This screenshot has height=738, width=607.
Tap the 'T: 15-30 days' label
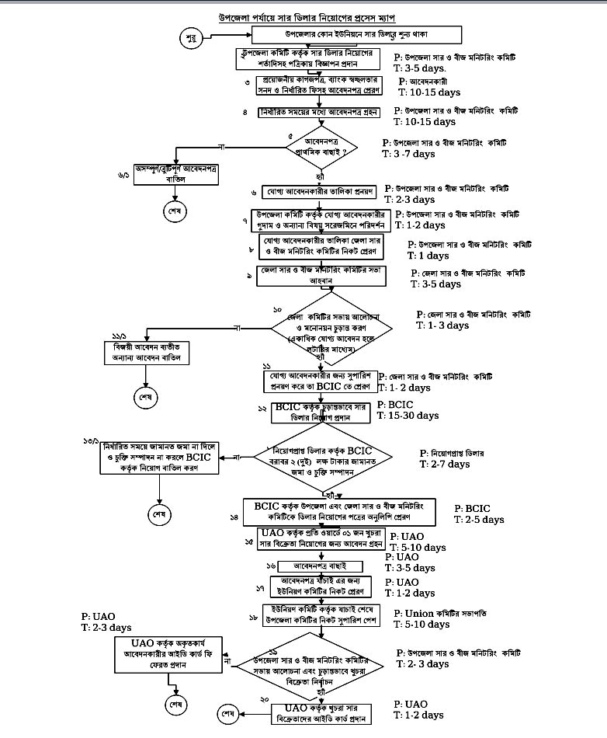409,416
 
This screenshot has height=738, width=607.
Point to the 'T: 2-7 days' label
445,464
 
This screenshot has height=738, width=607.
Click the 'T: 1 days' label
428,256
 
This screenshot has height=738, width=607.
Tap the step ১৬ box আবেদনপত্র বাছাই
321,567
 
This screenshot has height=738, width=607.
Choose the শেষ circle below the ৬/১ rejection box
169,211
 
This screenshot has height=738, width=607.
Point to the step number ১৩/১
92,440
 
